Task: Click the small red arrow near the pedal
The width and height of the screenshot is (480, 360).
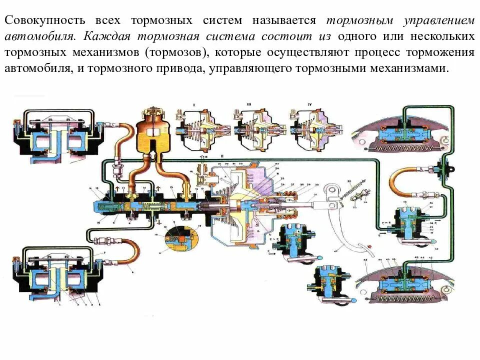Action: click(x=370, y=246)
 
